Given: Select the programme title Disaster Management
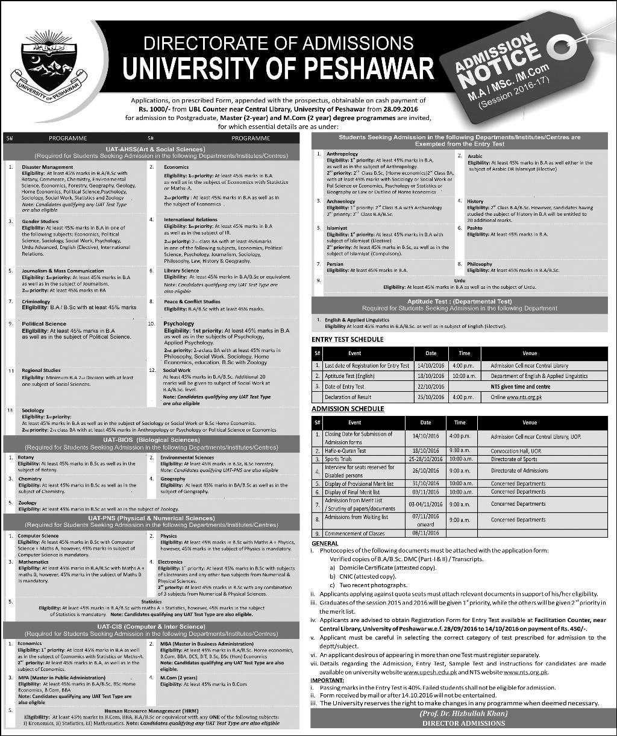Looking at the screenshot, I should [x=47, y=167].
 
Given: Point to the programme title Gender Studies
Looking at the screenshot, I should [x=40, y=221].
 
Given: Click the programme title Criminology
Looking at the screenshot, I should [x=36, y=301].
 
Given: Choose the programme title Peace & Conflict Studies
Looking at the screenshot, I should [x=192, y=301].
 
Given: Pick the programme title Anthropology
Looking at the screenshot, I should [x=342, y=154].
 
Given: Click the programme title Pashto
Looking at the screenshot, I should [x=475, y=228].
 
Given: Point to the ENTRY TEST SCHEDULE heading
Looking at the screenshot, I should [x=347, y=339].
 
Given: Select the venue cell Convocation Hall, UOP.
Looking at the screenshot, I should [x=517, y=450].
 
